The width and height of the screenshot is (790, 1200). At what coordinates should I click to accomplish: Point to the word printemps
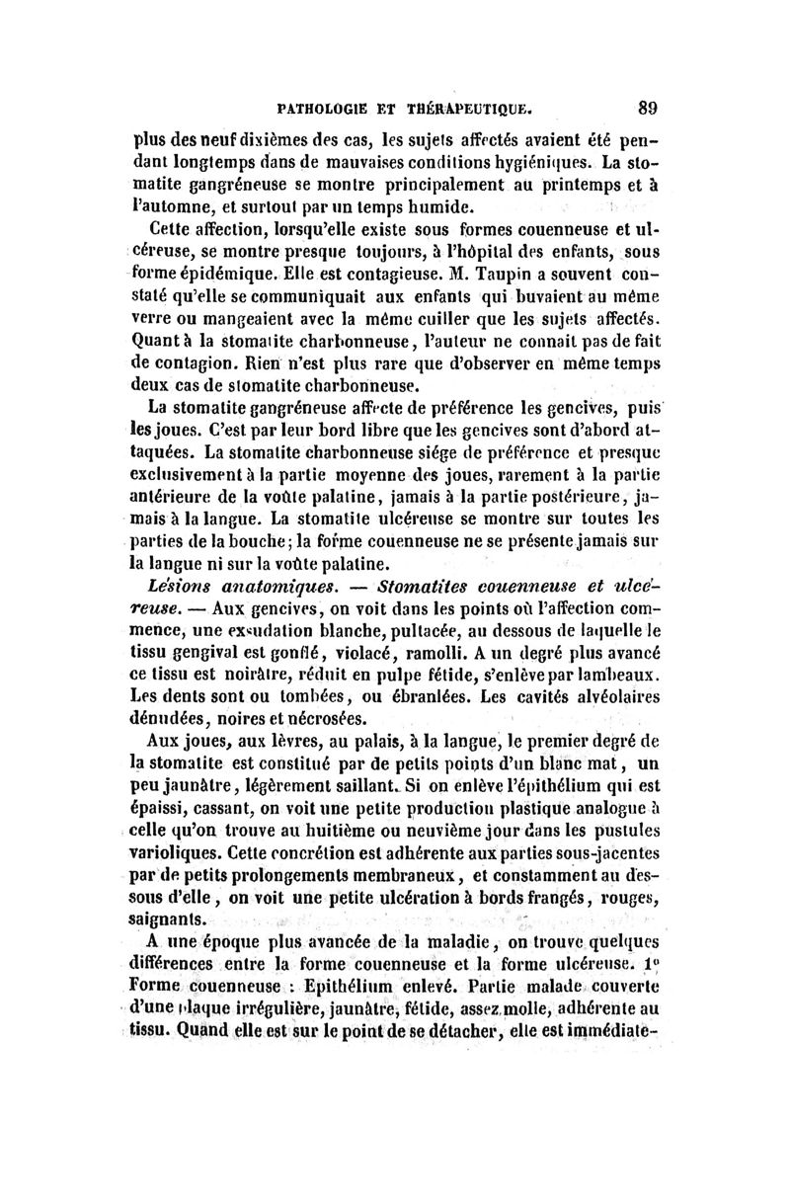[570, 186]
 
